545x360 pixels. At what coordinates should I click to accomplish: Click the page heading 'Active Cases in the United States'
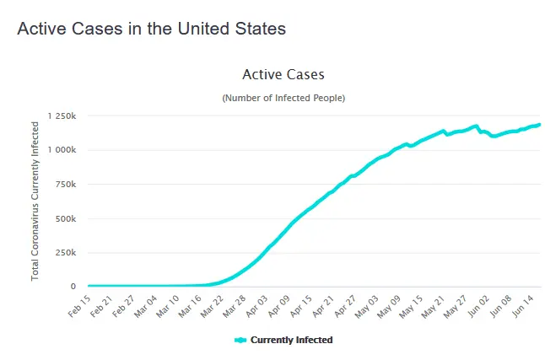point(152,29)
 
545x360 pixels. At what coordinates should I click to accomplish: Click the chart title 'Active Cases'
point(283,75)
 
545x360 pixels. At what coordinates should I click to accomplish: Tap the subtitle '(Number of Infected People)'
point(283,99)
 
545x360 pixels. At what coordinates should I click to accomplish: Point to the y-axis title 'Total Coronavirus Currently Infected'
point(35,201)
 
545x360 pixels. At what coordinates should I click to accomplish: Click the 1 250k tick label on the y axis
point(62,116)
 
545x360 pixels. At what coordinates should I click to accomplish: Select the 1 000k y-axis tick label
point(62,150)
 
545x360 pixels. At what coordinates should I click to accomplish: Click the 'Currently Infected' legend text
point(292,341)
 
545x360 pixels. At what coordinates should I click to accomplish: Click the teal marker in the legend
point(240,341)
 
